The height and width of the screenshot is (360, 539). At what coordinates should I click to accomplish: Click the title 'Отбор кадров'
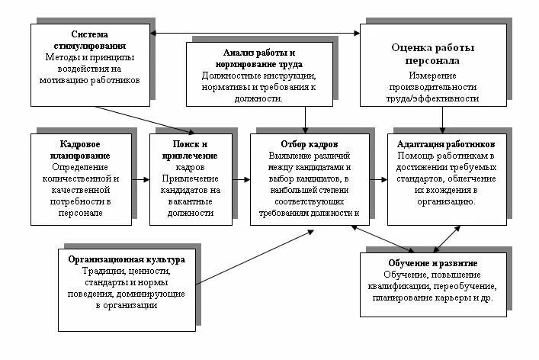tap(310, 144)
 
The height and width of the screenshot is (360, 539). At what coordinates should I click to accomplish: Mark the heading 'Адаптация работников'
tap(446, 144)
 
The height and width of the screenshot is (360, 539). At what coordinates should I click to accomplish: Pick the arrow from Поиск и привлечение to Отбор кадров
tap(240, 179)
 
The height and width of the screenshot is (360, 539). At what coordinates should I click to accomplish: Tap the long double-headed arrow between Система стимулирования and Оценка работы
tap(256, 32)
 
